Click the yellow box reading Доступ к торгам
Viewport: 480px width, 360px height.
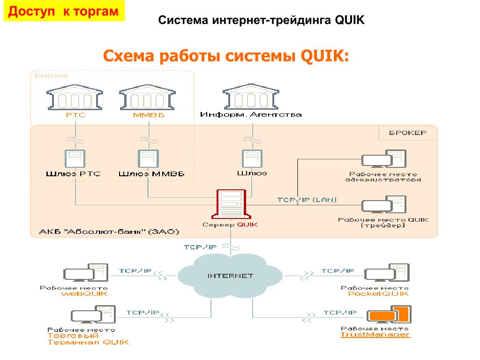64,11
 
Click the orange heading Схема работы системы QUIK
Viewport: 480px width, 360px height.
226,57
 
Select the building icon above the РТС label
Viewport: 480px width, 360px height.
75,97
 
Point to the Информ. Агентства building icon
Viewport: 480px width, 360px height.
251,97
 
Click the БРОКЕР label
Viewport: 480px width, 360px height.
407,133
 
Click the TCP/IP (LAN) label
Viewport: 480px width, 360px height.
307,199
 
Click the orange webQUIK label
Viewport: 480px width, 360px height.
84,294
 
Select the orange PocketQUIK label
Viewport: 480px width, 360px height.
378,294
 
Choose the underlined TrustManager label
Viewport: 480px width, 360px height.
375,335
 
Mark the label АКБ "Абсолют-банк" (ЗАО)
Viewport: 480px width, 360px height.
109,232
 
